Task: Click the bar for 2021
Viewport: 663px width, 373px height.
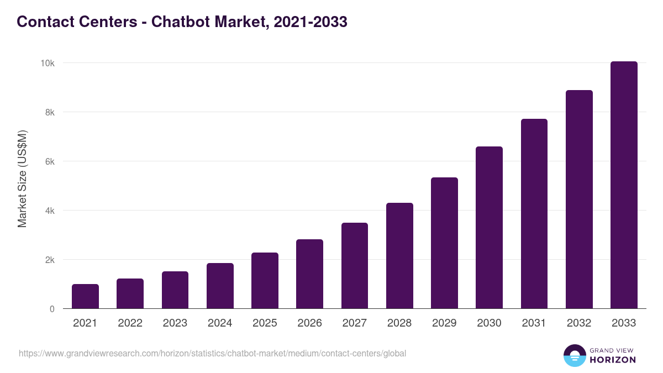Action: (x=85, y=297)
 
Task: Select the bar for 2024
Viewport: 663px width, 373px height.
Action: (x=220, y=286)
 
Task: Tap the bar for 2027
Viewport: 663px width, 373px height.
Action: (x=355, y=266)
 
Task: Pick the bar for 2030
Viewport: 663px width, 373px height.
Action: (x=489, y=228)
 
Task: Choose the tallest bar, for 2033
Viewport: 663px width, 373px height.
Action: (x=624, y=185)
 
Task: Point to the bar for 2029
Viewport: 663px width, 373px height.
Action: (x=444, y=243)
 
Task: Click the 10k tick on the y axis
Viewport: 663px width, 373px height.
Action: (x=47, y=63)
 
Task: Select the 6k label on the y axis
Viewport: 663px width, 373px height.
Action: (x=49, y=161)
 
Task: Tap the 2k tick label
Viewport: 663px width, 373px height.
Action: (x=49, y=260)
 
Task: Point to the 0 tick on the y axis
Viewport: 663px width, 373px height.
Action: (x=52, y=309)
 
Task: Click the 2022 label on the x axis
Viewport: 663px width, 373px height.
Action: (x=130, y=323)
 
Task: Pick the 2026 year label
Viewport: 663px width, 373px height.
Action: (x=309, y=323)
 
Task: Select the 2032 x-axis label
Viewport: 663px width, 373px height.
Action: (x=579, y=323)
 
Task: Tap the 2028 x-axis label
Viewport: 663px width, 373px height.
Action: (x=399, y=323)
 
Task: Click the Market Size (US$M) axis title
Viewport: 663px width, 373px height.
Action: (x=22, y=179)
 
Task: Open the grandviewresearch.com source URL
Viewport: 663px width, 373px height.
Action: (x=212, y=353)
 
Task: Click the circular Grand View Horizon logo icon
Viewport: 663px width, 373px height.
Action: (x=574, y=355)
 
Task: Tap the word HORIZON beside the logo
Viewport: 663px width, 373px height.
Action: (x=613, y=360)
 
